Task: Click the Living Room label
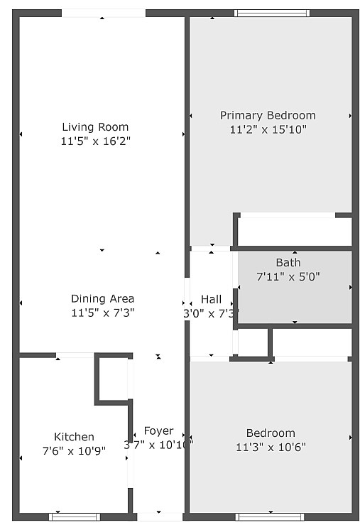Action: pyautogui.click(x=95, y=127)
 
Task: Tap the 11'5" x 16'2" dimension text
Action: pyautogui.click(x=95, y=141)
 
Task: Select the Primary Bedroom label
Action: pyautogui.click(x=268, y=115)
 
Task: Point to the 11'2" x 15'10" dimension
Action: pyautogui.click(x=268, y=129)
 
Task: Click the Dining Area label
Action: pyautogui.click(x=102, y=298)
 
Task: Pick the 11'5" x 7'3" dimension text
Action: pyautogui.click(x=102, y=312)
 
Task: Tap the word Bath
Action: pyautogui.click(x=288, y=263)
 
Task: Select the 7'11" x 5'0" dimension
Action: pyautogui.click(x=288, y=276)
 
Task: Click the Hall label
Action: pyautogui.click(x=211, y=299)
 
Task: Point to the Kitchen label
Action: pyautogui.click(x=74, y=436)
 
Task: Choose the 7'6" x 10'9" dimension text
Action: pyautogui.click(x=74, y=450)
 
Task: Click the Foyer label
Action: pyautogui.click(x=158, y=431)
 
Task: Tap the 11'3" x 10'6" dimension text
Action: pyautogui.click(x=271, y=447)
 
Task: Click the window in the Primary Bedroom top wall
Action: pyautogui.click(x=272, y=13)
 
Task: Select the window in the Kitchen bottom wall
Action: pyautogui.click(x=75, y=516)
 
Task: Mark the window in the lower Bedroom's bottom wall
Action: pyautogui.click(x=270, y=516)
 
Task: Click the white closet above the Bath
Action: pyautogui.click(x=295, y=231)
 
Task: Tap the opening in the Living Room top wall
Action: pyautogui.click(x=103, y=13)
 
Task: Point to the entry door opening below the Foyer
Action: pyautogui.click(x=159, y=516)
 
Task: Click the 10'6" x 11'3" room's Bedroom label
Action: pyautogui.click(x=271, y=433)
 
